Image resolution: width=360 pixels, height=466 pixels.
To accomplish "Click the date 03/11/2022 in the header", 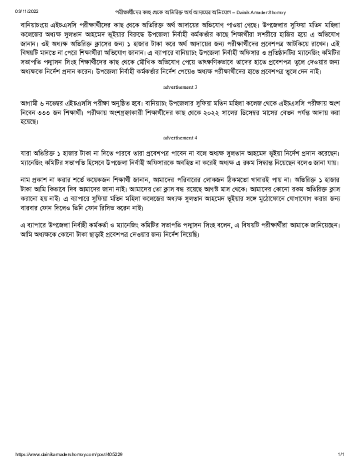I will click(26, 11).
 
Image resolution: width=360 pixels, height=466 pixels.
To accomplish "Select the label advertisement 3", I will click(180, 86).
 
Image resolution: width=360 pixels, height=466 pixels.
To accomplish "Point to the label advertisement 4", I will click(180, 137).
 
